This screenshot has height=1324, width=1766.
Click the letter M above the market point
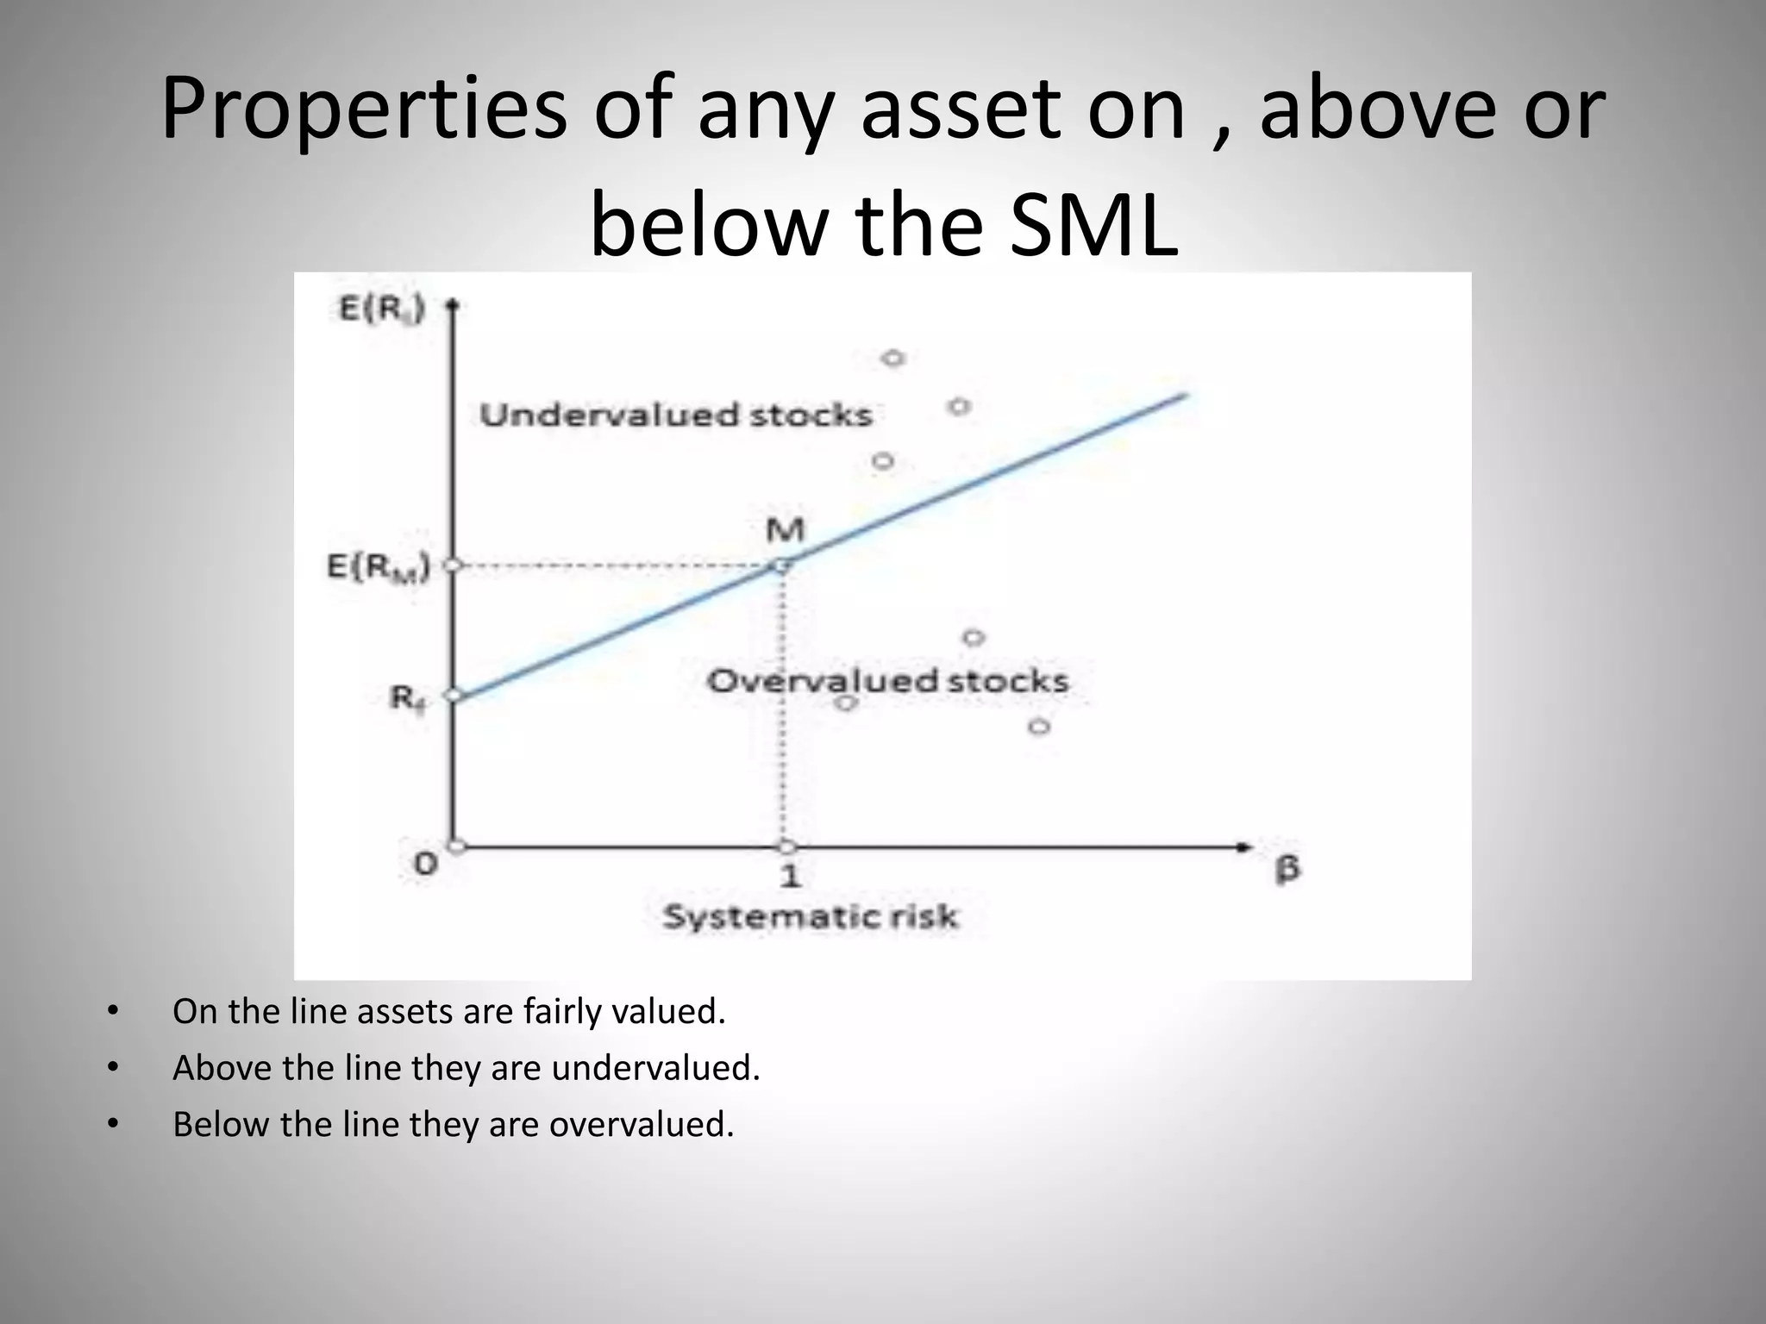coord(785,529)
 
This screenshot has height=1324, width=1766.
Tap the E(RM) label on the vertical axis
coord(379,568)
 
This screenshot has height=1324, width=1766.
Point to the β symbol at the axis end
coord(1287,867)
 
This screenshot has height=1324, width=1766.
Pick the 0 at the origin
coord(425,863)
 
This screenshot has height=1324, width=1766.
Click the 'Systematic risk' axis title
coord(810,916)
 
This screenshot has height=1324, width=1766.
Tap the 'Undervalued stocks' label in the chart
coord(676,415)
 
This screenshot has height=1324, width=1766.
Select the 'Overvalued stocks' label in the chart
coord(887,682)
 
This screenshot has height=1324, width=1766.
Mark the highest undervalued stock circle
coord(893,358)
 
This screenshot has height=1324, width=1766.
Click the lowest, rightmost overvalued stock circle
coord(1039,727)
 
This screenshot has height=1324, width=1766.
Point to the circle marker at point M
coord(780,565)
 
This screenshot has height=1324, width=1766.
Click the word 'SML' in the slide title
coord(1093,228)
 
